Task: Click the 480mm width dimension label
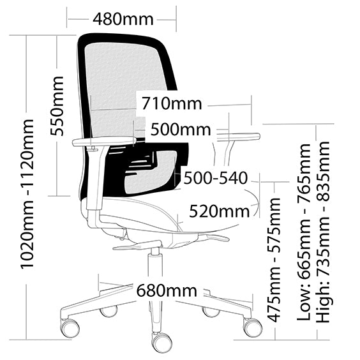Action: tap(123, 19)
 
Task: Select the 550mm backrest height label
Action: tap(57, 106)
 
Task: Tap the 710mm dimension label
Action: tap(172, 103)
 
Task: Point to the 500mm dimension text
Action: tap(181, 130)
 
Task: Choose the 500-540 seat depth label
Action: tap(216, 178)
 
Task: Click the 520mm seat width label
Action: tap(220, 211)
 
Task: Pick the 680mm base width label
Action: tap(167, 290)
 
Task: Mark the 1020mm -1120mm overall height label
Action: tap(27, 194)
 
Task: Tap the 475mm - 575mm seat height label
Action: tap(274, 260)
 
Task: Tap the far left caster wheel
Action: tap(70, 328)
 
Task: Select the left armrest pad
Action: tap(104, 141)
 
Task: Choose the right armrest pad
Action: tap(239, 137)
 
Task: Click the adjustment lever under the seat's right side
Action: tap(214, 238)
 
